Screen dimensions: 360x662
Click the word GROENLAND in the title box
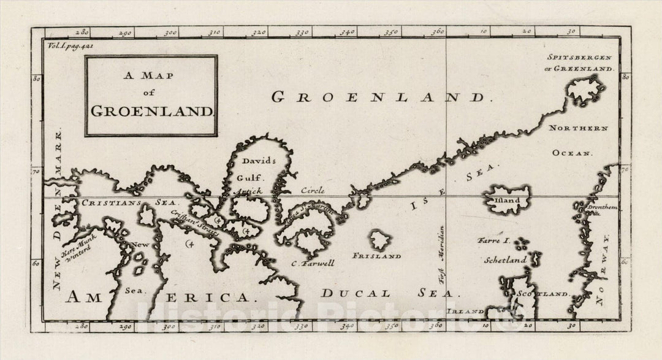pos(151,111)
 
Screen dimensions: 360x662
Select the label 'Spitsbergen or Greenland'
pos(579,63)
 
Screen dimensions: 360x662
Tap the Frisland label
pos(377,256)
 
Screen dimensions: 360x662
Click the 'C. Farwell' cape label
pos(313,264)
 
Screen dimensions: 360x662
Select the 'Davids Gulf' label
pos(258,169)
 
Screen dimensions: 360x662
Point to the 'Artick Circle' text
pos(280,191)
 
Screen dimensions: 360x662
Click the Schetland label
pos(506,260)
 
